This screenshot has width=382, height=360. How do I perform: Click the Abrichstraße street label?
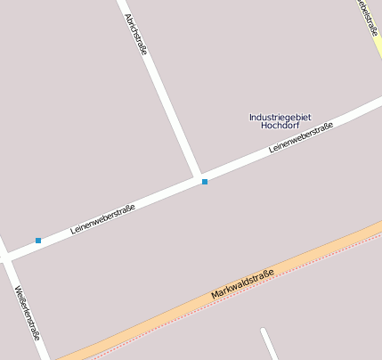pyautogui.click(x=135, y=34)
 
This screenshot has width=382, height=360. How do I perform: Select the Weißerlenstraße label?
pyautogui.click(x=28, y=313)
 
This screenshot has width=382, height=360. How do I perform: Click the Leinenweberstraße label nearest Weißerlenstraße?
pyautogui.click(x=102, y=220)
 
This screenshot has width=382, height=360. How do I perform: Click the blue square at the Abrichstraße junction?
pyautogui.click(x=205, y=182)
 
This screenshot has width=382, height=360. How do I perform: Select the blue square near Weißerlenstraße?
pyautogui.click(x=38, y=241)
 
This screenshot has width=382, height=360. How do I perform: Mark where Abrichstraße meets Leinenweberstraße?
pyautogui.click(x=199, y=177)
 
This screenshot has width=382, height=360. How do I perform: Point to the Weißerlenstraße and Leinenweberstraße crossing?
pyautogui.click(x=7, y=256)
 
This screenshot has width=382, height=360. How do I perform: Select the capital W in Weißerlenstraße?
pyautogui.click(x=18, y=289)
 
